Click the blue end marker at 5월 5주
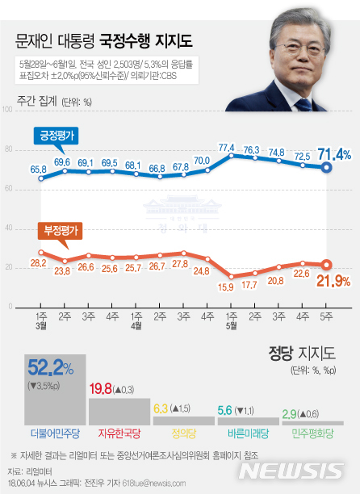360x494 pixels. pos(326,168)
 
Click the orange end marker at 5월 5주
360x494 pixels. pos(326,264)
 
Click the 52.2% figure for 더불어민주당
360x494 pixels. pos(51,369)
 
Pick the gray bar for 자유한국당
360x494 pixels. pos(114,412)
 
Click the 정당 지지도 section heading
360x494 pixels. pos(301,352)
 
